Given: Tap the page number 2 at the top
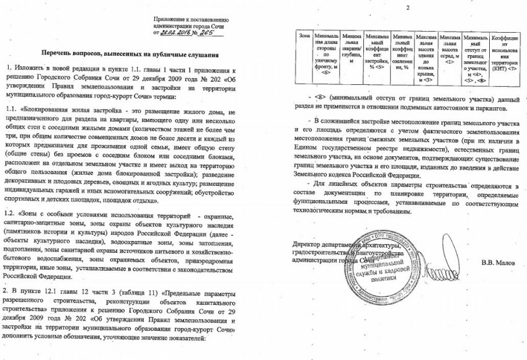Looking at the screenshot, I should tap(407, 7).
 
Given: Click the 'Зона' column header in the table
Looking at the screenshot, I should tap(304, 38).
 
